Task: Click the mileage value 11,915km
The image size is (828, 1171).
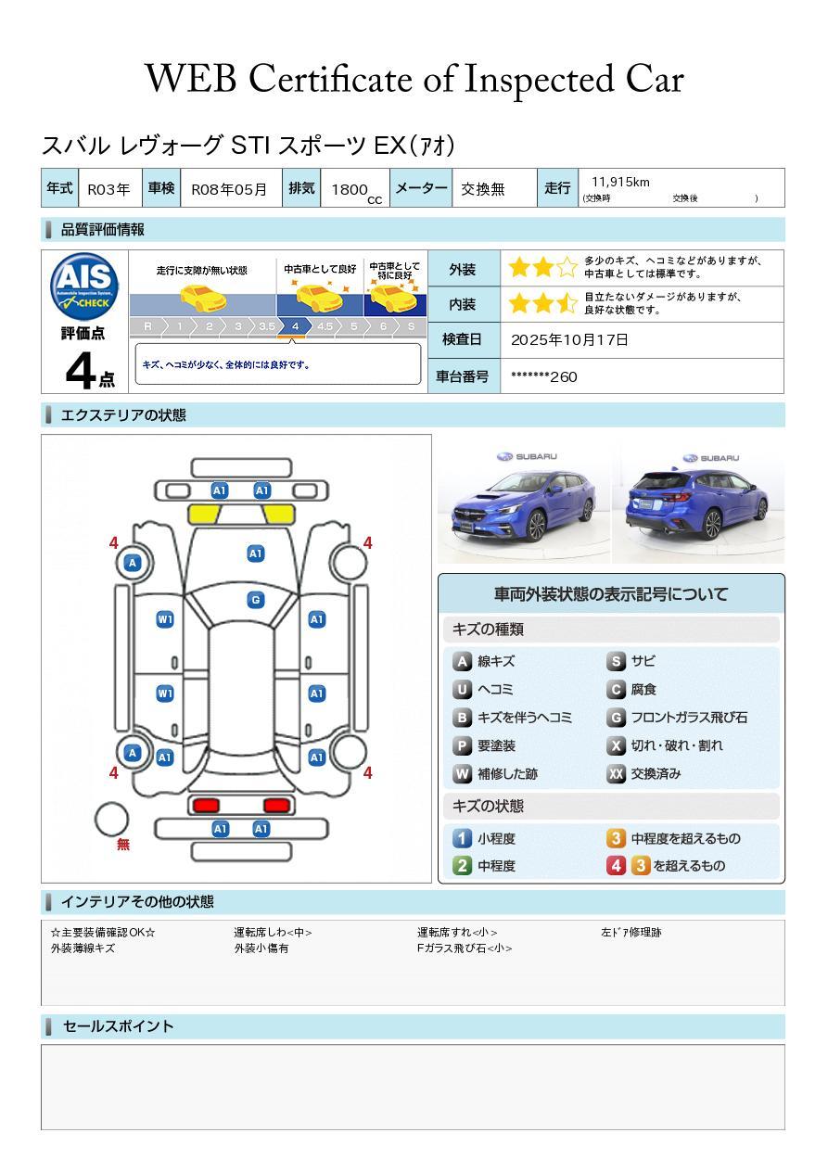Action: pos(620,182)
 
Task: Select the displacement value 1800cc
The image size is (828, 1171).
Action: pos(356,189)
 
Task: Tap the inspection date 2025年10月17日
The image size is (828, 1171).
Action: pos(569,340)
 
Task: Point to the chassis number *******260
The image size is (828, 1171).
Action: pos(543,376)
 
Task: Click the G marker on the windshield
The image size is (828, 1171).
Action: pos(256,600)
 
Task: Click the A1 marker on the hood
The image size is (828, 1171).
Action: pos(256,554)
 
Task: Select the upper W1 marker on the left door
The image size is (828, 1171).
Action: pos(165,619)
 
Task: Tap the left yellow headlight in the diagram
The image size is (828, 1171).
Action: pos(205,515)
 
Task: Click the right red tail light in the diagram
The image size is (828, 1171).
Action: pos(275,805)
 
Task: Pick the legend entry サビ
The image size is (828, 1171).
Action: pos(643,661)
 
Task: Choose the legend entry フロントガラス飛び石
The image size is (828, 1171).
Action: pos(688,718)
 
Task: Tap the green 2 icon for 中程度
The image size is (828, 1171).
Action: pos(462,866)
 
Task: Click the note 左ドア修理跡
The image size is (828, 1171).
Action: pos(631,933)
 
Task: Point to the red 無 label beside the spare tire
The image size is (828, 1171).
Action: pos(123,845)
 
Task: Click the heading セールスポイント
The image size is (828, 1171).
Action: pos(118,1026)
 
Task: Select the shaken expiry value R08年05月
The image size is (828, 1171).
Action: pos(229,189)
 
